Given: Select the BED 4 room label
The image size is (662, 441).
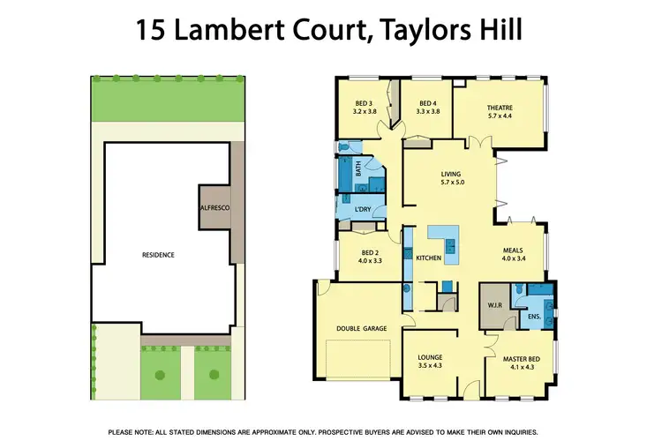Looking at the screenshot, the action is point(428,102).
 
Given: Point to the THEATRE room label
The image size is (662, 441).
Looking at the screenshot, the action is point(500,108).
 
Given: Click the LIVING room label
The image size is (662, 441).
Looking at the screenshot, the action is point(452,174).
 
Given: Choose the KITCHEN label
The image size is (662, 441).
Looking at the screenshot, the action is point(428,258).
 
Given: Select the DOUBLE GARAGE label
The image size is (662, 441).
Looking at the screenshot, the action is point(363,328).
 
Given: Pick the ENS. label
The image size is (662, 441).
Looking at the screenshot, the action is point(533,314).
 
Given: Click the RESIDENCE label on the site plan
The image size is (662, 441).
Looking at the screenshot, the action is point(159,255).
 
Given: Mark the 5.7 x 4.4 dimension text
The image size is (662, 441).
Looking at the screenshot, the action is point(500,116).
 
